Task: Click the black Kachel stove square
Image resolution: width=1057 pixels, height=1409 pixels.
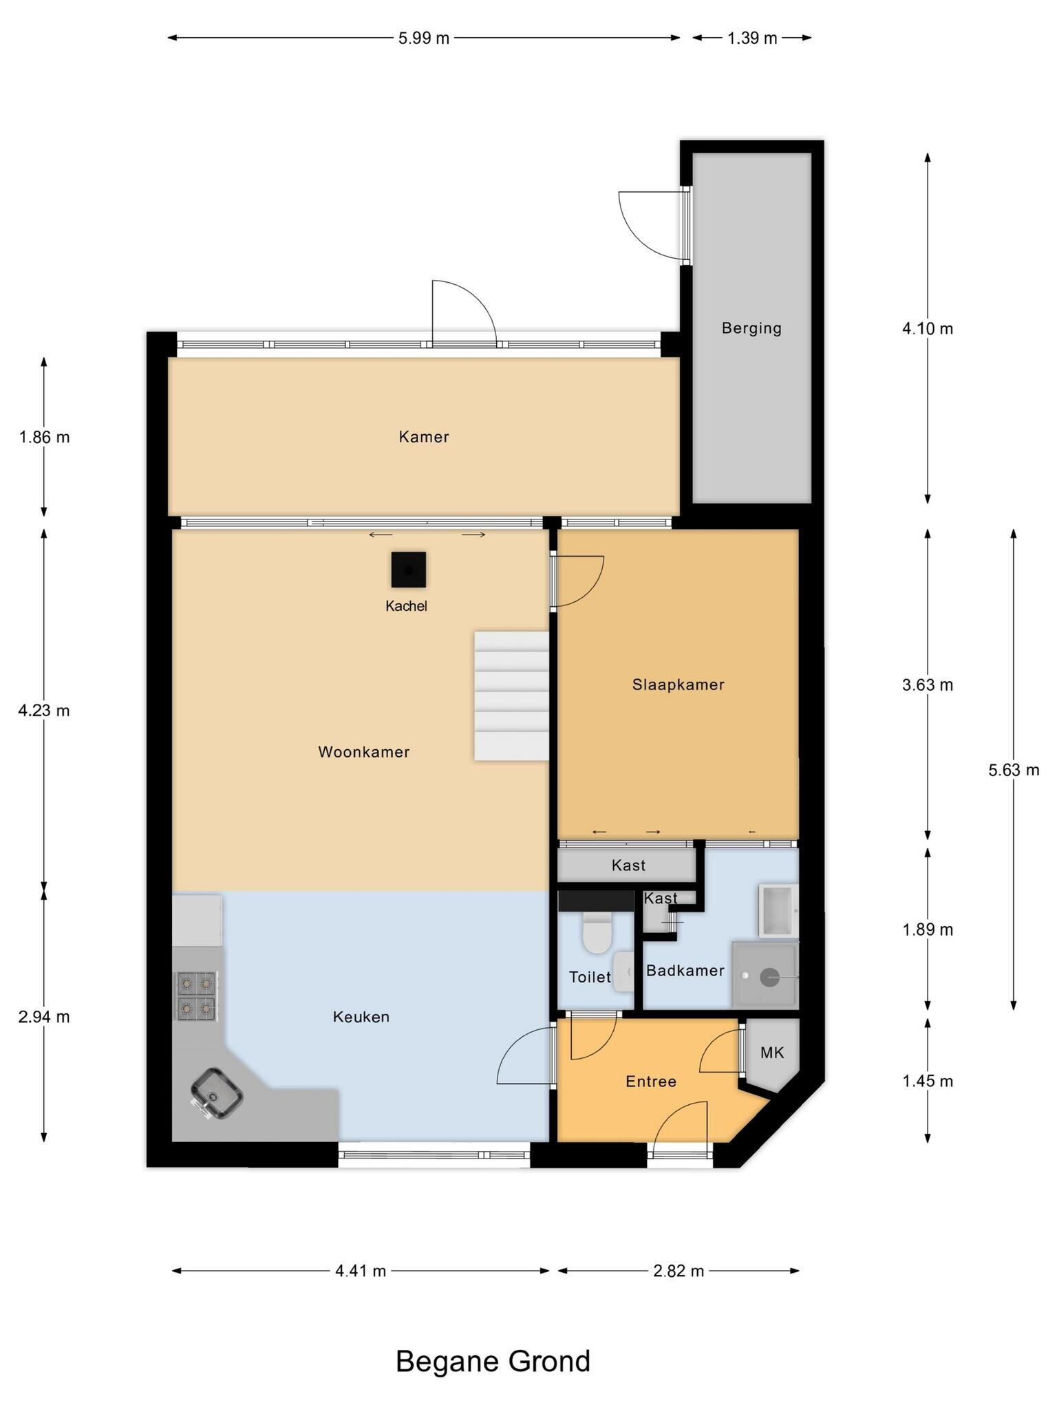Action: (408, 570)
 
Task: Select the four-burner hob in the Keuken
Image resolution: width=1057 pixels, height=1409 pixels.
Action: (197, 996)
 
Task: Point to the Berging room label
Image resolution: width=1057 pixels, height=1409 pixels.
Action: (751, 328)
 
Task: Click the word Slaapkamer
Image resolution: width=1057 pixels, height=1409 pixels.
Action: (678, 685)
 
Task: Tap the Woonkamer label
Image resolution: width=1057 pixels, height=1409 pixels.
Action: (364, 752)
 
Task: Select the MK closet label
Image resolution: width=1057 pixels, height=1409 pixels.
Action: (772, 1053)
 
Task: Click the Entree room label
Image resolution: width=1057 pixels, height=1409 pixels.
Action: (651, 1082)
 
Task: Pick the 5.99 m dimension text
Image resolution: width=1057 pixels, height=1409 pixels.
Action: (424, 38)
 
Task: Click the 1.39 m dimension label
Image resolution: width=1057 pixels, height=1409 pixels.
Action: (752, 38)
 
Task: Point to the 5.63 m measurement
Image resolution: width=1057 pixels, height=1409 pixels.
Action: (1014, 770)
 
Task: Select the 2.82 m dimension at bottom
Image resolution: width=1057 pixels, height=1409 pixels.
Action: (679, 1271)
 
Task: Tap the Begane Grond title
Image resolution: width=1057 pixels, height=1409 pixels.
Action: (493, 1362)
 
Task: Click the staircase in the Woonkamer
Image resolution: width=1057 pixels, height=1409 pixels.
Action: (511, 696)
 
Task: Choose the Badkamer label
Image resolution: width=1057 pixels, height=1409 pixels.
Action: (685, 971)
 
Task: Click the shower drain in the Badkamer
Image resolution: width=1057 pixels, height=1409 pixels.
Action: (769, 976)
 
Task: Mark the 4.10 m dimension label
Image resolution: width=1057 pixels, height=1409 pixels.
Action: (928, 329)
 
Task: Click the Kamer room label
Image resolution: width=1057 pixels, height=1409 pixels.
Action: (424, 437)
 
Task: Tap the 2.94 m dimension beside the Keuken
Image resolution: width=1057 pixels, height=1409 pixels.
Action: (44, 1017)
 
